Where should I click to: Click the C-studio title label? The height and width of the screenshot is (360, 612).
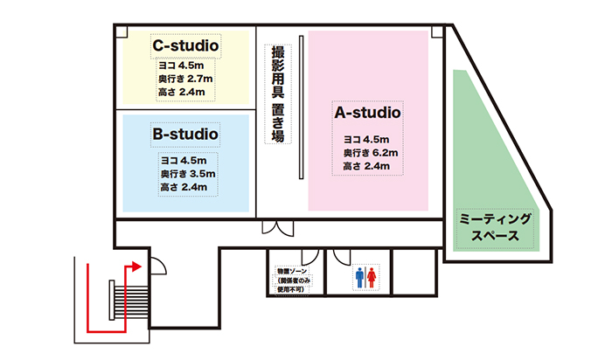pyautogui.click(x=185, y=45)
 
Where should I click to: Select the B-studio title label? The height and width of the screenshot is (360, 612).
pyautogui.click(x=185, y=135)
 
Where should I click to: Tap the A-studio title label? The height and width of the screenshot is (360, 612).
pyautogui.click(x=368, y=113)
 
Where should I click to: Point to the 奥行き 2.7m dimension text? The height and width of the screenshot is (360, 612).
pyautogui.click(x=185, y=79)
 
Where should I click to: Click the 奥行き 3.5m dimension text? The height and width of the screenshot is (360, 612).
pyautogui.click(x=188, y=174)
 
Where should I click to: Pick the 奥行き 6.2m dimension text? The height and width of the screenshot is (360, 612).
pyautogui.click(x=371, y=153)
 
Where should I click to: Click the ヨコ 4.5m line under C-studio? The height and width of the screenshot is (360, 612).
pyautogui.click(x=181, y=66)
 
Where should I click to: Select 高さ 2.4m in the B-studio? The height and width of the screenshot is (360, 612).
pyautogui.click(x=184, y=187)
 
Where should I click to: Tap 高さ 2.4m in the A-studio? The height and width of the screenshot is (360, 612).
pyautogui.click(x=366, y=166)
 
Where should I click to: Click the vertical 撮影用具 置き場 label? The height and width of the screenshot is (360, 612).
pyautogui.click(x=278, y=94)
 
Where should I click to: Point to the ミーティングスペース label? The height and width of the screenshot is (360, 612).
pyautogui.click(x=495, y=227)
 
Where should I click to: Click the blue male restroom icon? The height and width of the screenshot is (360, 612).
pyautogui.click(x=359, y=277)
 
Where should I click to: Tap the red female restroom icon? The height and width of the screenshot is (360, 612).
pyautogui.click(x=372, y=277)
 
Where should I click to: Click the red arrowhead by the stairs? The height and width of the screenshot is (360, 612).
pyautogui.click(x=136, y=267)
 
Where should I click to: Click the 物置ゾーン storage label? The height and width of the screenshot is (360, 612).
pyautogui.click(x=293, y=280)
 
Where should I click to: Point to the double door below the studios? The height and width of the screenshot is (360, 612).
pyautogui.click(x=277, y=229)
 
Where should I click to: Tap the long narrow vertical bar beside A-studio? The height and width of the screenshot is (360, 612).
pyautogui.click(x=302, y=107)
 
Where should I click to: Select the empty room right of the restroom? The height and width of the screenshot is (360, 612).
pyautogui.click(x=414, y=273)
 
